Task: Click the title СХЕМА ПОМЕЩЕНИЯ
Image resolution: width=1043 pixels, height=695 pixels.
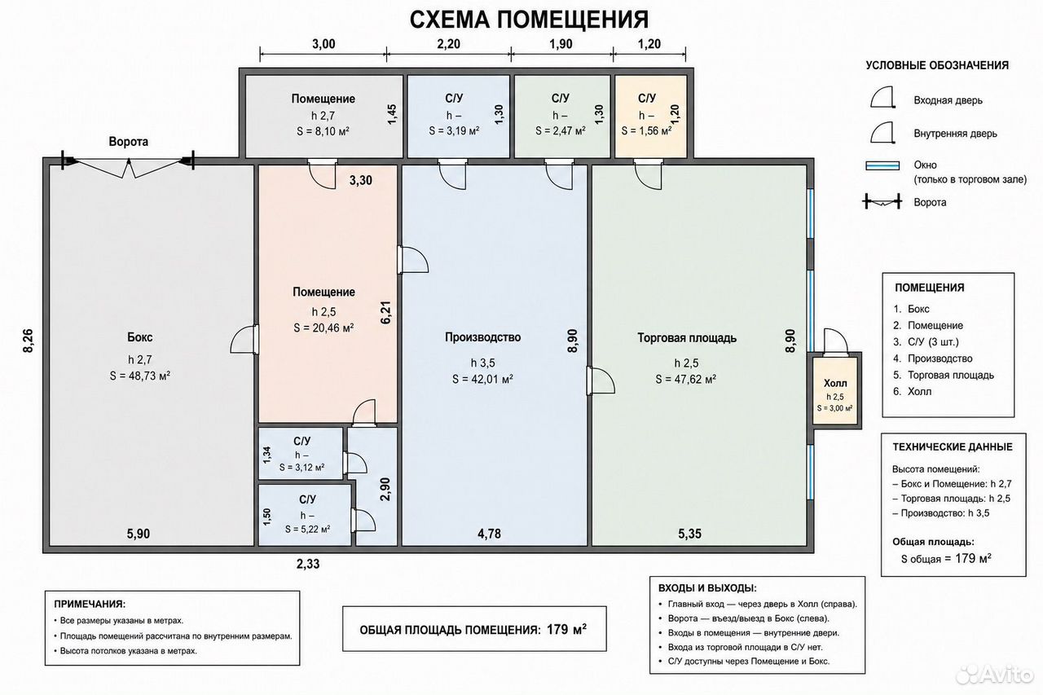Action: tap(529, 20)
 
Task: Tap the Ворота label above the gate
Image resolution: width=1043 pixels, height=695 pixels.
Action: tap(129, 142)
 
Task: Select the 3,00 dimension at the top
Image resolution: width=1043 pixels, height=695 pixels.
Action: tap(323, 44)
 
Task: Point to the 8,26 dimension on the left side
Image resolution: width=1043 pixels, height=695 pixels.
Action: tap(29, 341)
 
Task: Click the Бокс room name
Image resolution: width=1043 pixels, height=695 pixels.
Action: tap(140, 337)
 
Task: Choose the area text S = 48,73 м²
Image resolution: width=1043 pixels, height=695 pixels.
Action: tap(140, 376)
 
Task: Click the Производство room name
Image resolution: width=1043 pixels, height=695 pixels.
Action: tap(483, 337)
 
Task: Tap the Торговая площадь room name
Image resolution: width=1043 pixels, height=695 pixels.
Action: tap(687, 338)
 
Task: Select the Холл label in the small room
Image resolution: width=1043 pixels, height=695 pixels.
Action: tap(835, 384)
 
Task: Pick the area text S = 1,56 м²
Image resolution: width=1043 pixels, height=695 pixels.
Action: tap(647, 131)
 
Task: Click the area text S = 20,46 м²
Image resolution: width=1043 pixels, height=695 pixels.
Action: tap(323, 328)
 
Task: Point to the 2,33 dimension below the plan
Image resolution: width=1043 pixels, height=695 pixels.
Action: tap(308, 564)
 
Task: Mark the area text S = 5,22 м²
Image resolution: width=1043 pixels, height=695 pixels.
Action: tap(308, 530)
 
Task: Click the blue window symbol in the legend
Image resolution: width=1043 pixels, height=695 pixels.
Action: tap(882, 165)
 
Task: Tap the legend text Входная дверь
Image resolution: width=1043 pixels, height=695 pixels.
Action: tap(948, 100)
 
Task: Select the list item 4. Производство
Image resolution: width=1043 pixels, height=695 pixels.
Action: tap(933, 358)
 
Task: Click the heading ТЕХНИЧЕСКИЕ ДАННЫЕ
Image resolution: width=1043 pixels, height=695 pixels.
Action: tap(953, 447)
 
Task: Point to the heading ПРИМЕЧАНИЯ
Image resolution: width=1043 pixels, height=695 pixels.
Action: tap(90, 605)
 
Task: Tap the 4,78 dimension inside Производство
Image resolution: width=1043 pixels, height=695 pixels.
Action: tap(490, 534)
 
